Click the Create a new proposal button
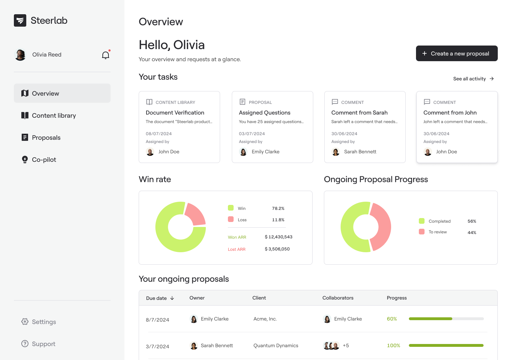457,53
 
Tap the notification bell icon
106,55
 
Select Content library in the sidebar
54,116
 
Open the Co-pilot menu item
44,160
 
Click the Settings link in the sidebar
44,322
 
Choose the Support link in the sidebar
43,344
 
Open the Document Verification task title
175,113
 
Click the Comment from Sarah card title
359,113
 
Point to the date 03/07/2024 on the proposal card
252,134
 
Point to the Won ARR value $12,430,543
278,237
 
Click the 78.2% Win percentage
278,208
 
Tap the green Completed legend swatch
422,221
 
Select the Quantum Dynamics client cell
276,346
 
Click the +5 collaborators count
346,345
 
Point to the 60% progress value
392,319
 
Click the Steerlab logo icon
20,21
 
